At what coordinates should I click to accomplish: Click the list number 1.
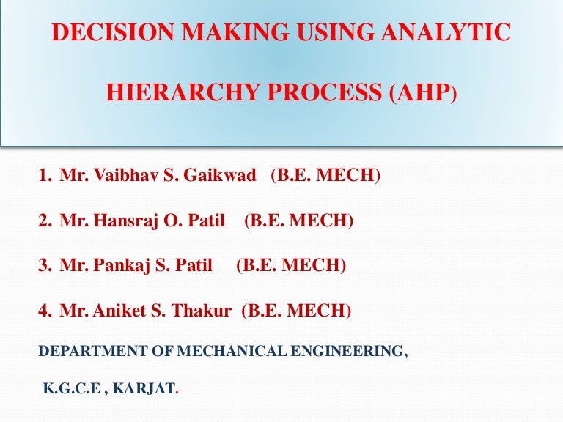tap(45, 176)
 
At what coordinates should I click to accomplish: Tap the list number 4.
tap(45, 311)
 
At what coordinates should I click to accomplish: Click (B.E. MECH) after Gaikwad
tap(325, 176)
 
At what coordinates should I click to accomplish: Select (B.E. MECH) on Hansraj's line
tap(299, 221)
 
